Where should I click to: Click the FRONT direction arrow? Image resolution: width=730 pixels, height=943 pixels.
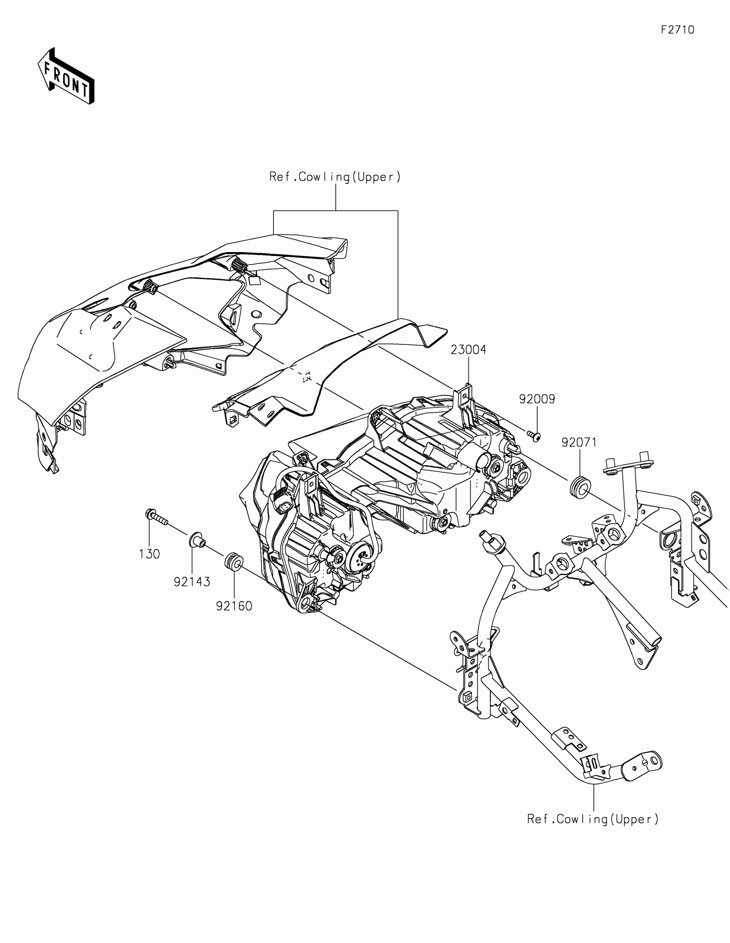click(x=66, y=76)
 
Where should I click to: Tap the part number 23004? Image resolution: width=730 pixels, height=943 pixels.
click(x=468, y=350)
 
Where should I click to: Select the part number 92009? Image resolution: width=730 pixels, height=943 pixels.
click(x=537, y=399)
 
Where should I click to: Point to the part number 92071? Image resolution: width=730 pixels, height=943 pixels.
click(x=579, y=442)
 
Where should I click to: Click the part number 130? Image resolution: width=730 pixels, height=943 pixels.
click(x=149, y=554)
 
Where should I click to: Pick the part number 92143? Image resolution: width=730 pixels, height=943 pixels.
click(x=192, y=581)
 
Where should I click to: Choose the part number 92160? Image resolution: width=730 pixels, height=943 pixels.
click(x=234, y=606)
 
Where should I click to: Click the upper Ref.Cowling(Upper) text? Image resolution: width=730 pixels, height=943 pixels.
click(x=335, y=177)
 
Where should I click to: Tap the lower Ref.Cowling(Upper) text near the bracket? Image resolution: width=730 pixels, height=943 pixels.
click(x=593, y=819)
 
